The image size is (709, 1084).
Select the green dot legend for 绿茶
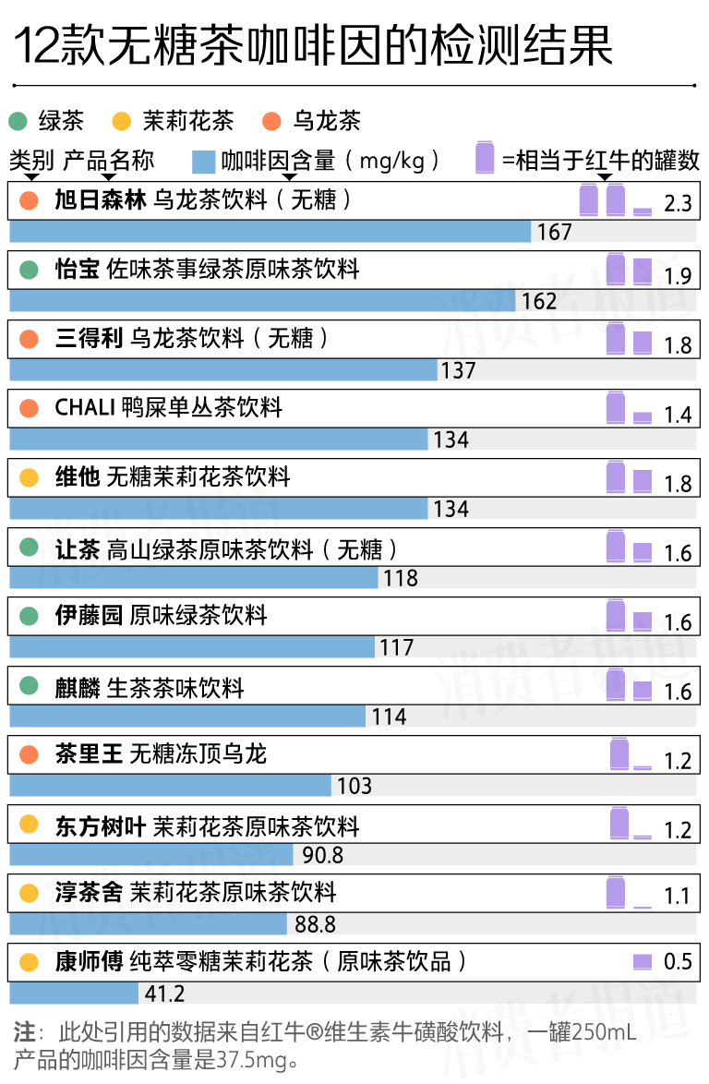tap(18, 121)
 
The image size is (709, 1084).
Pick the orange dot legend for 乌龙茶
tap(271, 121)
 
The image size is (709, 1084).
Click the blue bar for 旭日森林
tap(270, 232)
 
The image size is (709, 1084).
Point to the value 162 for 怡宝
tap(539, 301)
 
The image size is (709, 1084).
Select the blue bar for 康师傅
tap(74, 994)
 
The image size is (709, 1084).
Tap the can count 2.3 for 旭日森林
tap(678, 203)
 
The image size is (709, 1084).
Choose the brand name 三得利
tap(89, 339)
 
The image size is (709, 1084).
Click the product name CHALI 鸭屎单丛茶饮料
tap(169, 408)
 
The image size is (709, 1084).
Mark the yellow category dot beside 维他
tap(29, 477)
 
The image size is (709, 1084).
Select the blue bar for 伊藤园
tap(192, 647)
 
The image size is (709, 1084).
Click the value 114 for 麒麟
tap(389, 717)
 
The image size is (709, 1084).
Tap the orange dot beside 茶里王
tap(29, 754)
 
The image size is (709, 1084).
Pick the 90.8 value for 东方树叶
tap(322, 855)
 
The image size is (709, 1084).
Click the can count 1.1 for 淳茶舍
tap(678, 896)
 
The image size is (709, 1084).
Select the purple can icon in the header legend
tap(485, 159)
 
